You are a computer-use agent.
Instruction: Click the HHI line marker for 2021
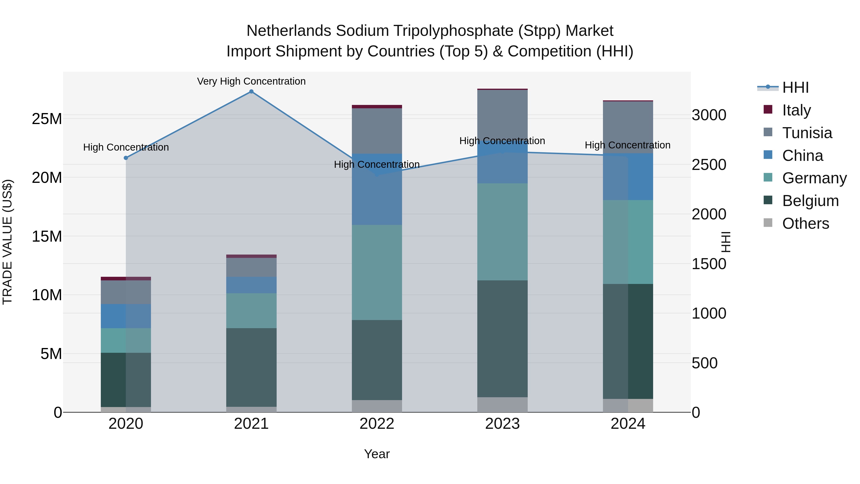click(251, 92)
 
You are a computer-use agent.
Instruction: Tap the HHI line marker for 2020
click(126, 158)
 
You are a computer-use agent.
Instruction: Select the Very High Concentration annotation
click(251, 81)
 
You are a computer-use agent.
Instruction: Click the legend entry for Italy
click(796, 110)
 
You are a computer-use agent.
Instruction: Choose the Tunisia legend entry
click(807, 133)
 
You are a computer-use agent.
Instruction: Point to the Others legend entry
click(805, 223)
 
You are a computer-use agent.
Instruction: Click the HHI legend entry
click(795, 87)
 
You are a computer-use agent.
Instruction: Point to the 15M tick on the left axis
click(47, 236)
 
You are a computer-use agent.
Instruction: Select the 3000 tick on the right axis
click(709, 115)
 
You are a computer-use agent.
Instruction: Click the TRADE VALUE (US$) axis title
click(7, 242)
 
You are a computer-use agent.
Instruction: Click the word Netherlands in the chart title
click(289, 31)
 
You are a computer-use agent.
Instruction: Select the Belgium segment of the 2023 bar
click(502, 338)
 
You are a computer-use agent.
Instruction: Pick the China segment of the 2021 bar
click(251, 285)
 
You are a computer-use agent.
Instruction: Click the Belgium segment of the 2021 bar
click(251, 367)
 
